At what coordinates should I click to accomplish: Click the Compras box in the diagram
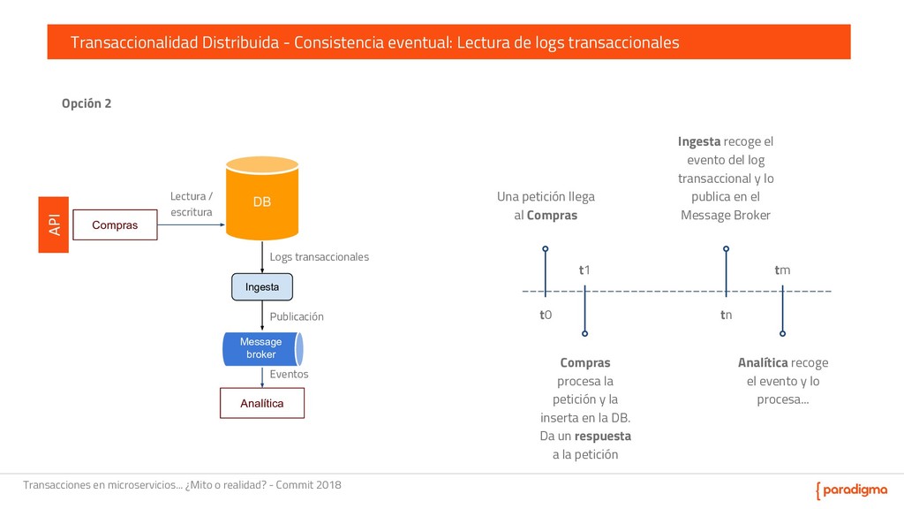[x=115, y=225]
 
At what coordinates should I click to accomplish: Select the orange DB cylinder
[x=262, y=201]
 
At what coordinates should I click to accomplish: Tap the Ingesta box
[x=262, y=287]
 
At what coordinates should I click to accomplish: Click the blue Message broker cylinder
[x=262, y=348]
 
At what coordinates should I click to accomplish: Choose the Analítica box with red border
[x=262, y=403]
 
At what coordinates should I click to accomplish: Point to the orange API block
[x=53, y=224]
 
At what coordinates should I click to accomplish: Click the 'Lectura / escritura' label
[x=191, y=204]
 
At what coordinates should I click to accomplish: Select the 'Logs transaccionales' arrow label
[x=319, y=256]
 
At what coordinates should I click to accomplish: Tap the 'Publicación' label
[x=297, y=316]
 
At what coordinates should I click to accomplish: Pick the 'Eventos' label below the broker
[x=289, y=374]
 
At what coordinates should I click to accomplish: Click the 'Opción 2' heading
[x=86, y=103]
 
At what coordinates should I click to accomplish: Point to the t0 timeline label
[x=546, y=315]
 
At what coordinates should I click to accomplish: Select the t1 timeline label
[x=584, y=270]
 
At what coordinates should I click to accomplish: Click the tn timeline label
[x=726, y=315]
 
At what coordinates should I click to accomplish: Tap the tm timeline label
[x=782, y=270]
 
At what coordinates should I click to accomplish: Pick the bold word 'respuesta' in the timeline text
[x=602, y=436]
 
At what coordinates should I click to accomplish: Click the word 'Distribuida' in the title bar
[x=241, y=42]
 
